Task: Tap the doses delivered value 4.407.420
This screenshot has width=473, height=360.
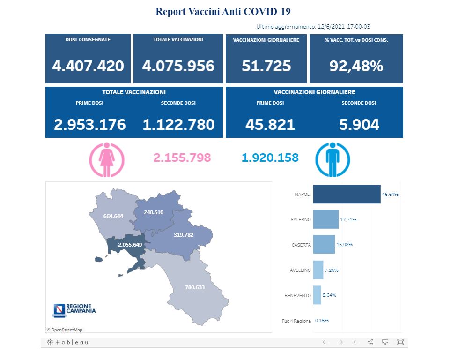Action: [88, 66]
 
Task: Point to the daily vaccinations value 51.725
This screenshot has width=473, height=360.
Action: [266, 66]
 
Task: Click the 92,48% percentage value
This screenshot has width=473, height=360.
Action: [356, 66]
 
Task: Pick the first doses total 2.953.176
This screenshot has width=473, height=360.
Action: [90, 124]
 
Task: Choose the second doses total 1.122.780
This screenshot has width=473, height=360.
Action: [178, 124]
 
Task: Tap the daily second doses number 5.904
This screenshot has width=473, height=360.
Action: [359, 124]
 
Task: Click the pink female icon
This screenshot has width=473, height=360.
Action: [107, 160]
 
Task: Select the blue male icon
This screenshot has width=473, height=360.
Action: [333, 160]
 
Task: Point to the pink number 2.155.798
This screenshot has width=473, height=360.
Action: [182, 157]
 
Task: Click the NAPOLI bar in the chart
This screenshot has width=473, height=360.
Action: [347, 194]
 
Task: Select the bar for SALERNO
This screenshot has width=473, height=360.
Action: [325, 219]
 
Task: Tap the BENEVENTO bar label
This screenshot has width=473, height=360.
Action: [297, 295]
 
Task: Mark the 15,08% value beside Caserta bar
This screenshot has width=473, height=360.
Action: [344, 245]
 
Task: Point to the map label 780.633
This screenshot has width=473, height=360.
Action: [195, 287]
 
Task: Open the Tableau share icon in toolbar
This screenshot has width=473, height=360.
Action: [370, 342]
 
